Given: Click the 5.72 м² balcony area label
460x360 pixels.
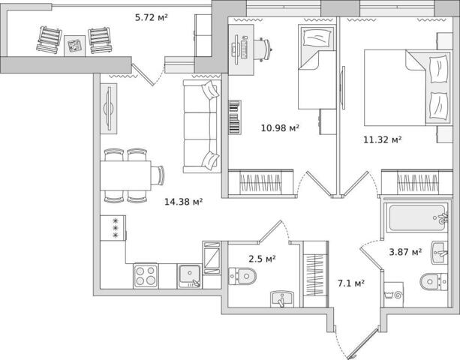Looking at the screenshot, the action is pos(152,17).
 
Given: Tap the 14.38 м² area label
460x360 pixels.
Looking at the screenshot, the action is pos(184,202).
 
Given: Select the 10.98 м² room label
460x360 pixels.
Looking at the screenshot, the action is pos(280,127).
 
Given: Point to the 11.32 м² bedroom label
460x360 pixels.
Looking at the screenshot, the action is pos(383,139).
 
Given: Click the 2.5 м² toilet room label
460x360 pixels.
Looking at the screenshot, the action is pos(262,259).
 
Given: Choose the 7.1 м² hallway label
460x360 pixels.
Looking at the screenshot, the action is pos(351,283).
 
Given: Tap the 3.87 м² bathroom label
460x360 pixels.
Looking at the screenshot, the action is pos(405,251).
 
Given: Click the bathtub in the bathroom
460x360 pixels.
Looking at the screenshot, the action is pos(416,217).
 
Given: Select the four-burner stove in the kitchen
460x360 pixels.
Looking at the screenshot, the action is pos(146,276).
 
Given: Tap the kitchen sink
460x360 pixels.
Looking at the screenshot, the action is pos(190,276).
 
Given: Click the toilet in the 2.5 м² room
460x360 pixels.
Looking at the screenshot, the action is pos(242,276).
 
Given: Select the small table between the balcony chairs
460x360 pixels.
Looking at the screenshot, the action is pos(75,46).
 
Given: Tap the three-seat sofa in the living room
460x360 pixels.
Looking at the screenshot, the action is pos(202,126).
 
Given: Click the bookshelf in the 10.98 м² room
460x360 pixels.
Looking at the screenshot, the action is pos(235,117).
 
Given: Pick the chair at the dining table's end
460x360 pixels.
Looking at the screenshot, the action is pos(158,175).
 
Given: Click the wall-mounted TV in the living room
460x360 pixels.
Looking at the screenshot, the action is pos(109,109).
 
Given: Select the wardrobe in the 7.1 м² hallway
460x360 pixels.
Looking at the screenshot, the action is pos(316,274).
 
